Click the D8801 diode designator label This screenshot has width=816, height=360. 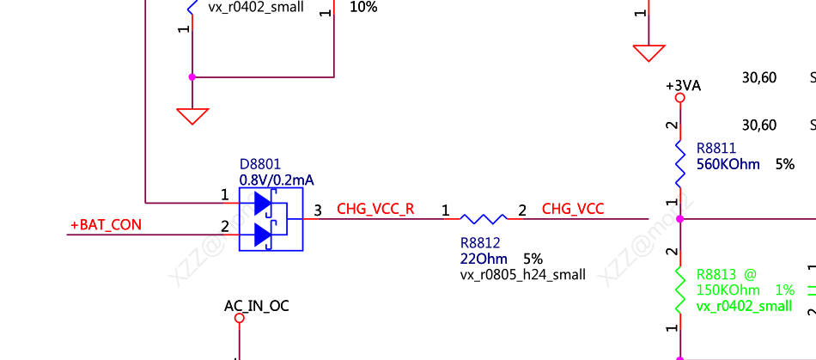click(x=260, y=164)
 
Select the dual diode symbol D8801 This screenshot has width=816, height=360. click(x=271, y=218)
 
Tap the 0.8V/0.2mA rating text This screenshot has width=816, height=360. click(x=277, y=180)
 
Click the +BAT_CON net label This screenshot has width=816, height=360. click(x=106, y=226)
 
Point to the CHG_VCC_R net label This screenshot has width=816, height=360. click(x=375, y=209)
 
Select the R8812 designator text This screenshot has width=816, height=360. click(x=480, y=243)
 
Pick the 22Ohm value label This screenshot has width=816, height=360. click(x=484, y=259)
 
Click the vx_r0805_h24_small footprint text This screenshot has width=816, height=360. click(x=523, y=275)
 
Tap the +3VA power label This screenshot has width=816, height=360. click(x=684, y=85)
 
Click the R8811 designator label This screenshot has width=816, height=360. click(x=716, y=149)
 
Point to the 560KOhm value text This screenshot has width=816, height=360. click(x=728, y=164)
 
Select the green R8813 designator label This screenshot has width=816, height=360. click(x=716, y=275)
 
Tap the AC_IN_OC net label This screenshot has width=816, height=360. click(x=256, y=305)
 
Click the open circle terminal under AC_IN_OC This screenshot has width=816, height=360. click(x=240, y=319)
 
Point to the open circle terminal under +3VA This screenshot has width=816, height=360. click(x=680, y=98)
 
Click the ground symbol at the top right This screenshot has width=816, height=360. click(x=649, y=53)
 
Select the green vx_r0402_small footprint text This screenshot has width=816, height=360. click(x=744, y=306)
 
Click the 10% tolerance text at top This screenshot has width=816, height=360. click(x=363, y=7)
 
